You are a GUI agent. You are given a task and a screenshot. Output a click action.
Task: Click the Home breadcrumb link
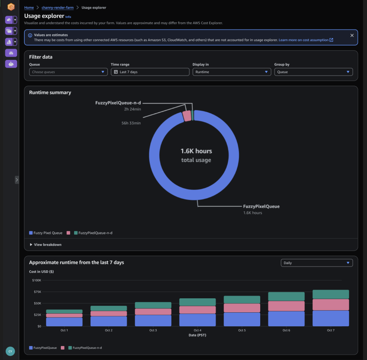coord(29,8)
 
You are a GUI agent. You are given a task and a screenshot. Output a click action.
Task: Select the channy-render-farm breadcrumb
coord(57,8)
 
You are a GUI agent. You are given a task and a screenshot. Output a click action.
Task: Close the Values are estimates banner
coord(352,35)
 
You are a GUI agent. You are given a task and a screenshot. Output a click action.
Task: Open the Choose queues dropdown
coord(68,72)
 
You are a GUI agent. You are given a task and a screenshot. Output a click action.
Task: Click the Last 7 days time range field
coord(150,72)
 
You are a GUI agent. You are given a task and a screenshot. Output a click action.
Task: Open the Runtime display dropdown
coord(232,72)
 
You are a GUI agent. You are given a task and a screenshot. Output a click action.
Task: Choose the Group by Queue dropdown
coord(313,72)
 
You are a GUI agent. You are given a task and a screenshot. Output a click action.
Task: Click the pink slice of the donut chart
coord(187,116)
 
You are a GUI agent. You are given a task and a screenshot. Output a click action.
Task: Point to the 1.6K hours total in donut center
coord(196,151)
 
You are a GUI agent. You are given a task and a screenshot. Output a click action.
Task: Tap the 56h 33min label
coord(131,123)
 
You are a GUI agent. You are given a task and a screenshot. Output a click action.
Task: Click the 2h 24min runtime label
coord(133,109)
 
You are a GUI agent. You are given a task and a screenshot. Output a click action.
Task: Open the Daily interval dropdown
coord(316,263)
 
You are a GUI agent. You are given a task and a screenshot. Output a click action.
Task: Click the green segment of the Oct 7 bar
coord(330,294)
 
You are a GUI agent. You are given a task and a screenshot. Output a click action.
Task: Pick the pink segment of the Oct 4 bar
coord(197,310)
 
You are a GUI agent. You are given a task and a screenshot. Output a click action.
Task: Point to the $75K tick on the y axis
coord(37,292)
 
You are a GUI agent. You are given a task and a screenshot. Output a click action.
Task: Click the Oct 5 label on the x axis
coord(242,330)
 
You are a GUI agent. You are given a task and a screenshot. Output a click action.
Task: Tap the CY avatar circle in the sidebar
coord(10,351)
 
